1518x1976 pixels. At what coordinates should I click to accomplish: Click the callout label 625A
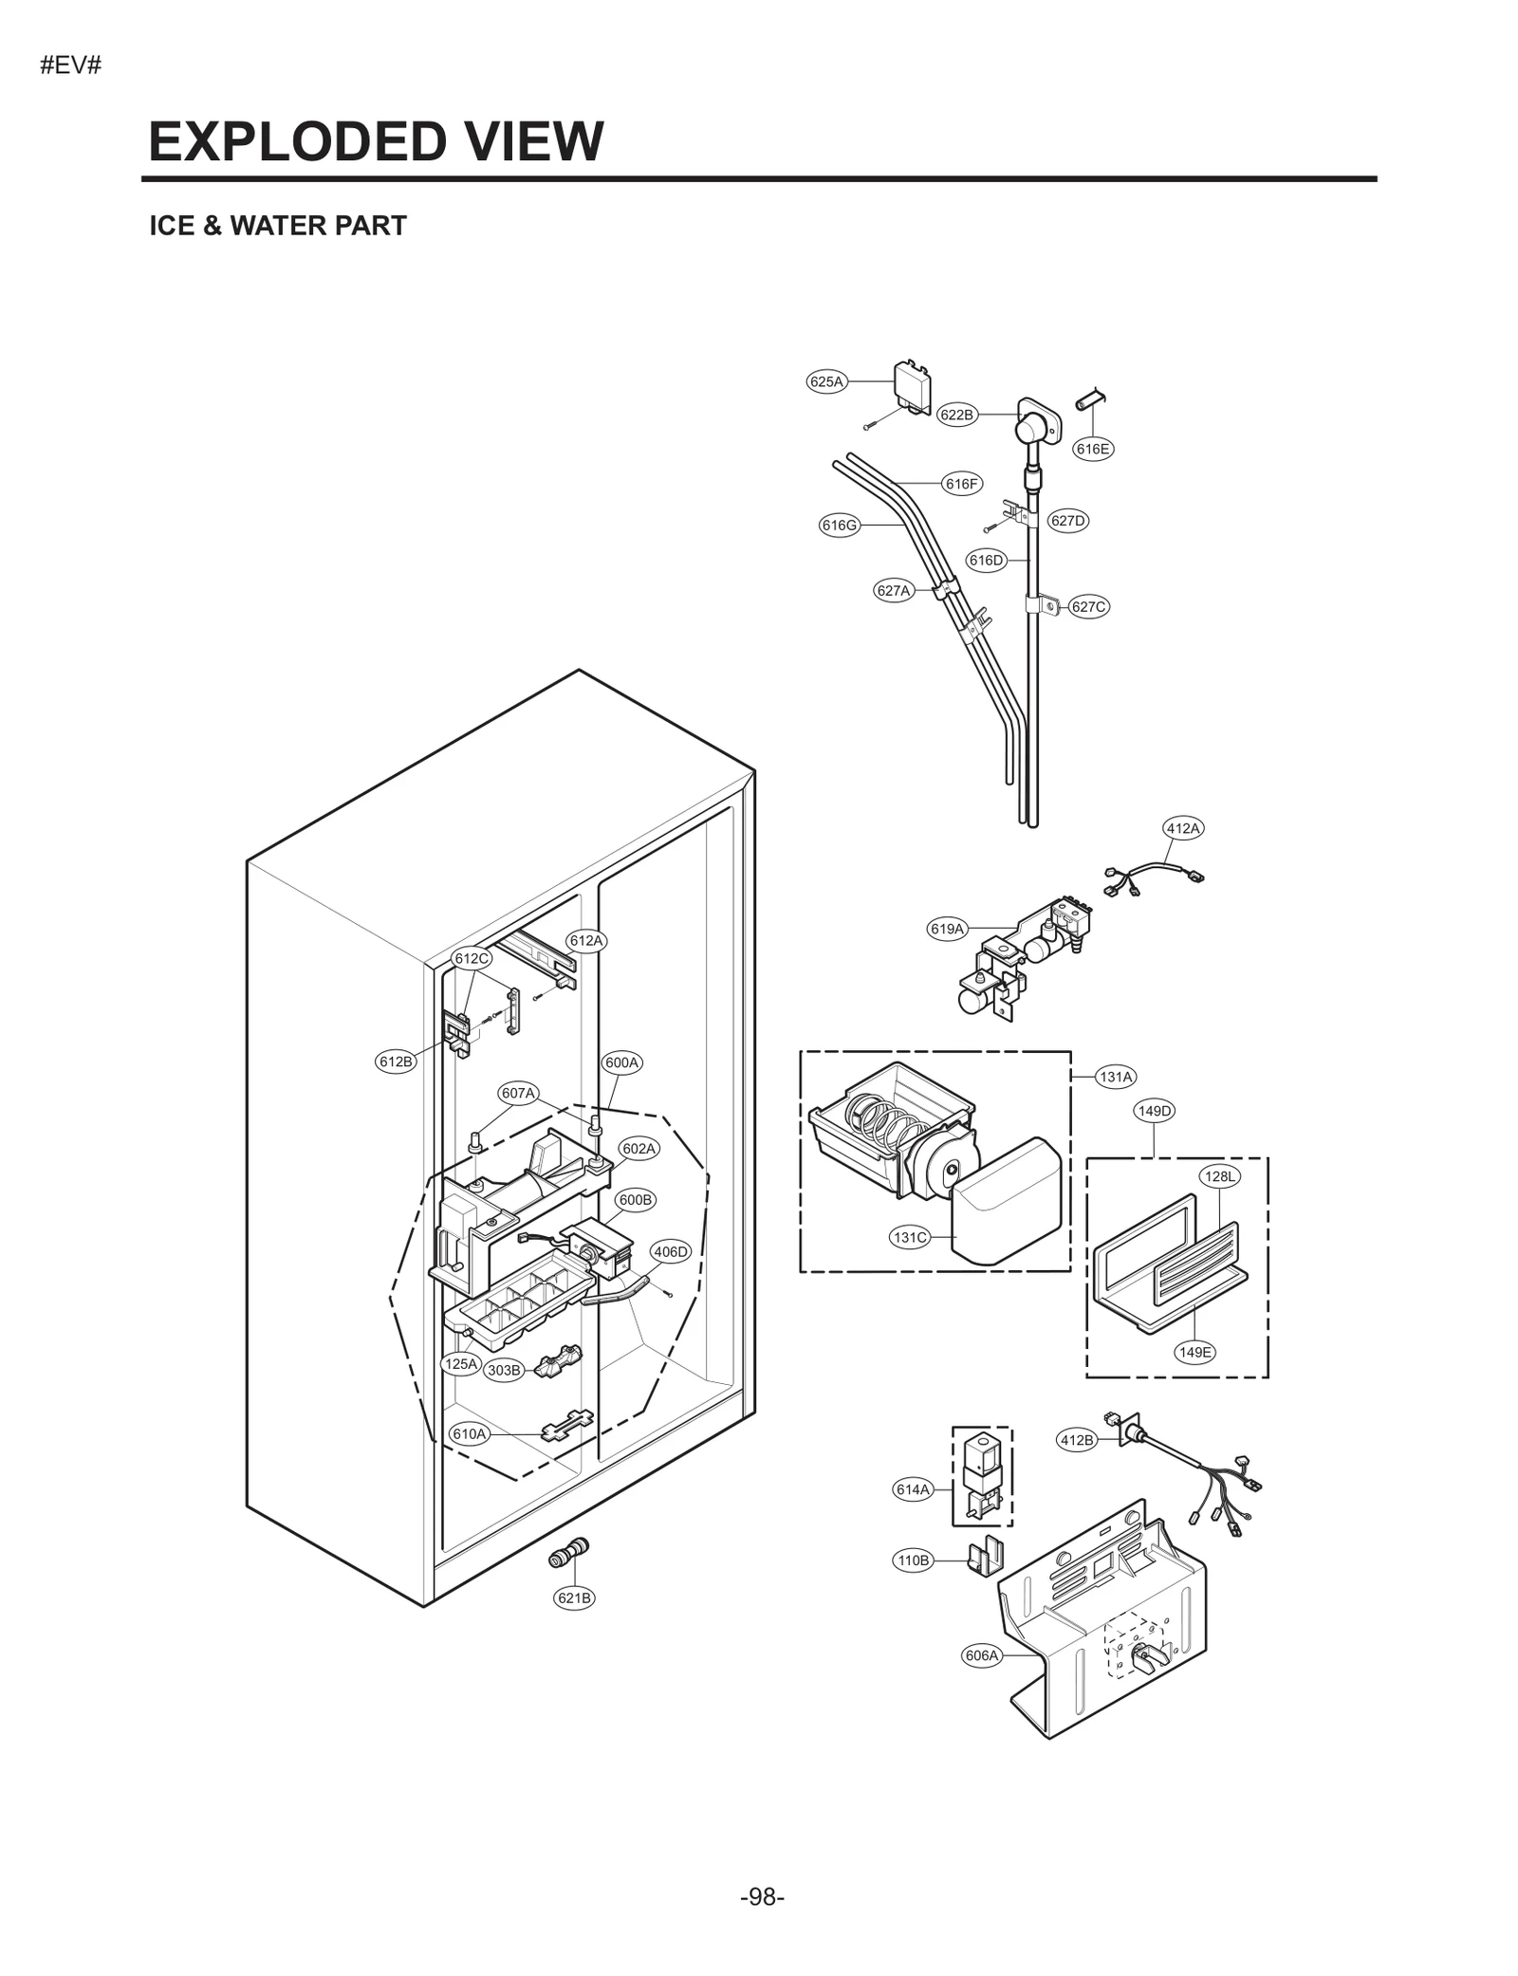825,381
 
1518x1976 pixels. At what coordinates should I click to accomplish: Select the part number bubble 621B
574,1597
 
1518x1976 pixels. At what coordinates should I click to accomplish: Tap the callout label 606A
982,1655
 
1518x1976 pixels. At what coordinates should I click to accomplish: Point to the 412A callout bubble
1183,828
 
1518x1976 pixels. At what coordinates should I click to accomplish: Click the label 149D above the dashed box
1154,1110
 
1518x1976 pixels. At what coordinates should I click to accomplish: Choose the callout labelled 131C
910,1237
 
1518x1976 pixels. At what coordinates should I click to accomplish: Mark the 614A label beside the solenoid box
913,1489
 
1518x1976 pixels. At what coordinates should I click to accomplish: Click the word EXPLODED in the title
293,142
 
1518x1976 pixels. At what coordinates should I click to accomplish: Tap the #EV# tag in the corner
70,66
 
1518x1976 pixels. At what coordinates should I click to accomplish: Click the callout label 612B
396,1062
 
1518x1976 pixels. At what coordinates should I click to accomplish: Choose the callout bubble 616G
839,525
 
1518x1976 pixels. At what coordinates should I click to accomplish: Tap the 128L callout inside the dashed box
1220,1176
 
